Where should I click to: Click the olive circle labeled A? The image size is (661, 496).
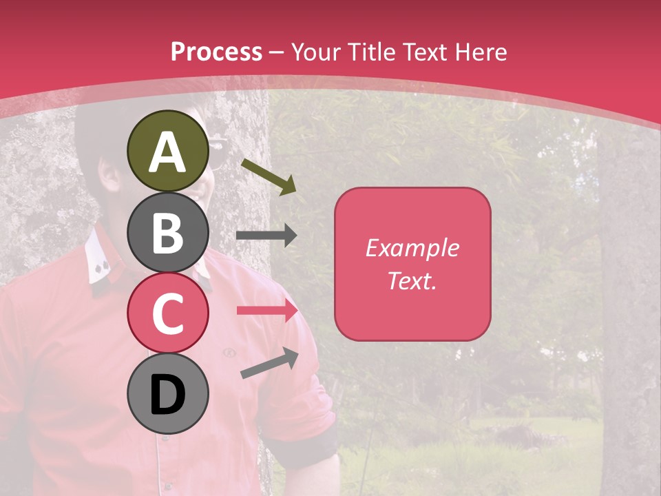167,151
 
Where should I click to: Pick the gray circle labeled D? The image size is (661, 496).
167,393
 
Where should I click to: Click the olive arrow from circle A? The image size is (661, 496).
269,176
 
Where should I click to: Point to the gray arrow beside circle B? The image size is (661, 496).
266,236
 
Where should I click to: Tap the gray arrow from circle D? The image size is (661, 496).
269,363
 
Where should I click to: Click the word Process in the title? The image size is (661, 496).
216,52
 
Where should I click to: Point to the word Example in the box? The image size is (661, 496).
412,248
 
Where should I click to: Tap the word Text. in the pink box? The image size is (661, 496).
412,280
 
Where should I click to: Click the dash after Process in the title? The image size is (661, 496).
276,53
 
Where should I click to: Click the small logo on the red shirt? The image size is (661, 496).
229,353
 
